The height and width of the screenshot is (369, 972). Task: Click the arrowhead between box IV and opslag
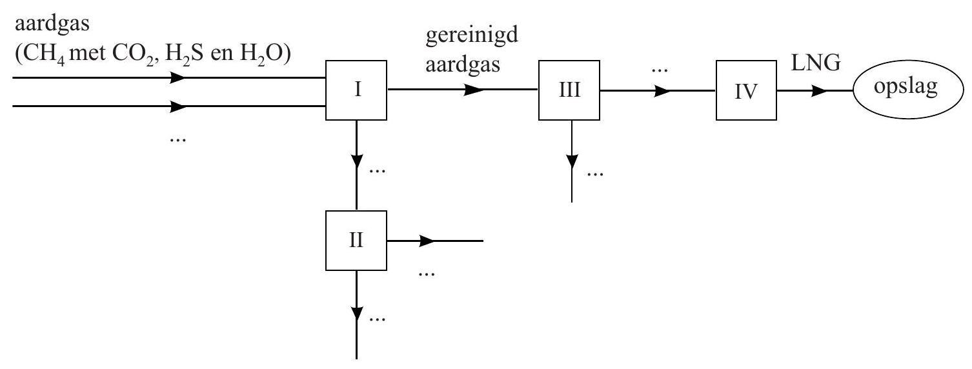(x=820, y=91)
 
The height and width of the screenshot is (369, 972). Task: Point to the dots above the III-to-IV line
(x=658, y=70)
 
